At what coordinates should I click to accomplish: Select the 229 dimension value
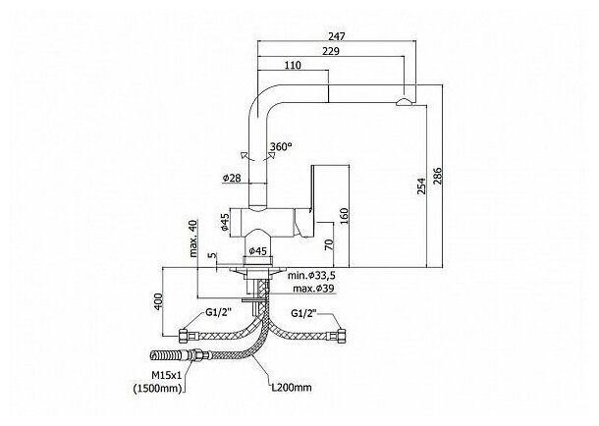pos(332,51)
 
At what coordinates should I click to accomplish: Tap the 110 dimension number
pos(291,66)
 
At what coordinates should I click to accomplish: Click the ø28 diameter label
pos(233,178)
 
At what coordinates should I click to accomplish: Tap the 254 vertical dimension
pos(422,184)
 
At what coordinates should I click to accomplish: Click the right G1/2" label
pos(307,313)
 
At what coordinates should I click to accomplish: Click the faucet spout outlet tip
pos(405,101)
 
